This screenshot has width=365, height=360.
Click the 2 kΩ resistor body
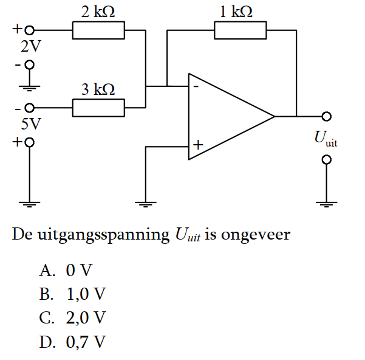tap(98, 30)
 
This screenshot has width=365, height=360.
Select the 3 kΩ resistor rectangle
tap(98, 108)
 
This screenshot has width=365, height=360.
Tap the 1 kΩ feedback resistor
tap(240, 30)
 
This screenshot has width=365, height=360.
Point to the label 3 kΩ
tap(98, 90)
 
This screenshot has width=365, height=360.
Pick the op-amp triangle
tap(225, 116)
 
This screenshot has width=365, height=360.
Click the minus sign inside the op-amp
tap(196, 86)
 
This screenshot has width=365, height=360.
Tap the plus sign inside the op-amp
tap(197, 145)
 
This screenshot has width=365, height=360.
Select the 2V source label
tap(29, 46)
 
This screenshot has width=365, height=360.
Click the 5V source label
tap(30, 125)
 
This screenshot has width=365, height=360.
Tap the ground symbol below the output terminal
tap(327, 203)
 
